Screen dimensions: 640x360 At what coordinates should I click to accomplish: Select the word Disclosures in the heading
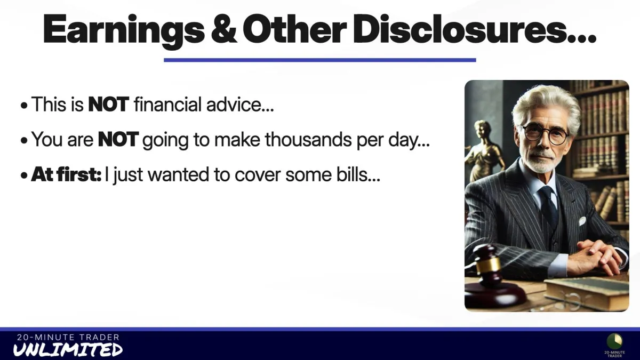pyautogui.click(x=475, y=29)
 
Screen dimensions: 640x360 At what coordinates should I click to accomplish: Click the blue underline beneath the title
pyautogui.click(x=319, y=60)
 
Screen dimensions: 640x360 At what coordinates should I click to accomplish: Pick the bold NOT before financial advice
pyautogui.click(x=109, y=105)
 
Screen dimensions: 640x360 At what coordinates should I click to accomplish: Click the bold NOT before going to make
pyautogui.click(x=118, y=139)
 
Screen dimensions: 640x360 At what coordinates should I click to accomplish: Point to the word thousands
pyautogui.click(x=308, y=139)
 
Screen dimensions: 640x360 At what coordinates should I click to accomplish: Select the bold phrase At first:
pyautogui.click(x=66, y=174)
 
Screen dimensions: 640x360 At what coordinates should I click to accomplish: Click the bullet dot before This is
pyautogui.click(x=24, y=105)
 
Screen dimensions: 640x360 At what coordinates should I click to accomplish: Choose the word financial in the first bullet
pyautogui.click(x=167, y=104)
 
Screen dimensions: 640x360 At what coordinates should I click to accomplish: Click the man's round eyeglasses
pyautogui.click(x=546, y=134)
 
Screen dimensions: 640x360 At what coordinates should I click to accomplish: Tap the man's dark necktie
pyautogui.click(x=548, y=206)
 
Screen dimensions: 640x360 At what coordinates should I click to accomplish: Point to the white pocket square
pyautogui.click(x=582, y=220)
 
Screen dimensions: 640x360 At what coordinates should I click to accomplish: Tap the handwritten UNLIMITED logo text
pyautogui.click(x=68, y=349)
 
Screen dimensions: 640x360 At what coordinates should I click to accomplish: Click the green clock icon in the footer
pyautogui.click(x=614, y=341)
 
